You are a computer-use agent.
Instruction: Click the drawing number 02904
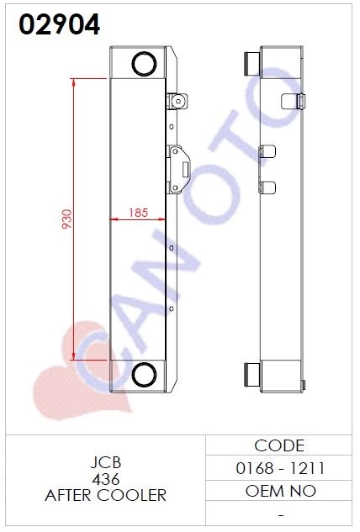pyautogui.click(x=60, y=24)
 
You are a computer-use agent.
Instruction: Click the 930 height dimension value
pyautogui.click(x=67, y=219)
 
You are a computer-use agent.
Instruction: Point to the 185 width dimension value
pyautogui.click(x=138, y=213)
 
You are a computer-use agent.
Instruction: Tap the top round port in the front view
pyautogui.click(x=144, y=64)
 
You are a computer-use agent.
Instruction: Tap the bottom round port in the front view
pyautogui.click(x=144, y=375)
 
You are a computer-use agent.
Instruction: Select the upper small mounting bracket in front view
pyautogui.click(x=177, y=101)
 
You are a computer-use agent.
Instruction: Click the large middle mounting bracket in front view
pyautogui.click(x=178, y=170)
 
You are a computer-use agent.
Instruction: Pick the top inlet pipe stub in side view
pyautogui.click(x=252, y=64)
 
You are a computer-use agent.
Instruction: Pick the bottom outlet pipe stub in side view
pyautogui.click(x=252, y=374)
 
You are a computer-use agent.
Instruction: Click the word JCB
pyautogui.click(x=106, y=462)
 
